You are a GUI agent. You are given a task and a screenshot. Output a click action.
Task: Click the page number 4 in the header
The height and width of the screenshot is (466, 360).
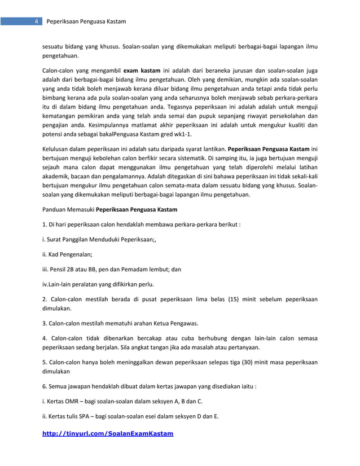(x=36, y=22)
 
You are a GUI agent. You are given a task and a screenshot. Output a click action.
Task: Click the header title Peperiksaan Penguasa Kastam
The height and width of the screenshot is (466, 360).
(x=86, y=22)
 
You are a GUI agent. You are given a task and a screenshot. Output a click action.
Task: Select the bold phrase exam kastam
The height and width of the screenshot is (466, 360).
(x=142, y=71)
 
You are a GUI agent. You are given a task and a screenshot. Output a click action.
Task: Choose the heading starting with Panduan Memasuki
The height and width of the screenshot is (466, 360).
(x=110, y=209)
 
